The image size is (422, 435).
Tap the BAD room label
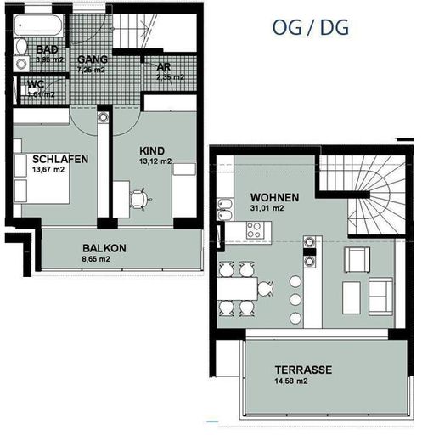pyautogui.click(x=47, y=49)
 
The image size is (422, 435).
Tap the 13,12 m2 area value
pyautogui.click(x=155, y=161)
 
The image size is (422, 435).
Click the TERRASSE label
pyautogui.click(x=302, y=370)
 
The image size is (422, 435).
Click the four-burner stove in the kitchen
pyautogui.click(x=253, y=229)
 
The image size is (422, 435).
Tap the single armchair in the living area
pyautogui.click(x=354, y=260)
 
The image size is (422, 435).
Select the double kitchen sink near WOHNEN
pyautogui.click(x=226, y=211)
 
